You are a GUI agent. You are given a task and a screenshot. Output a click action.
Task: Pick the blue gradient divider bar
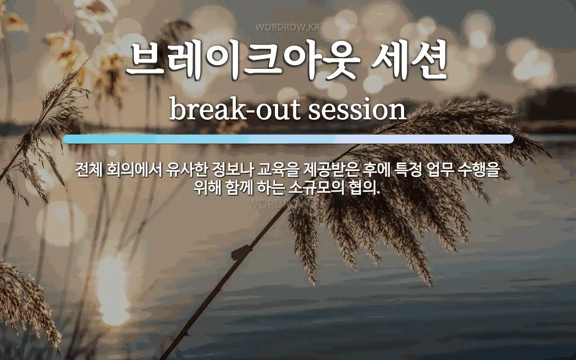[x=288, y=139]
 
